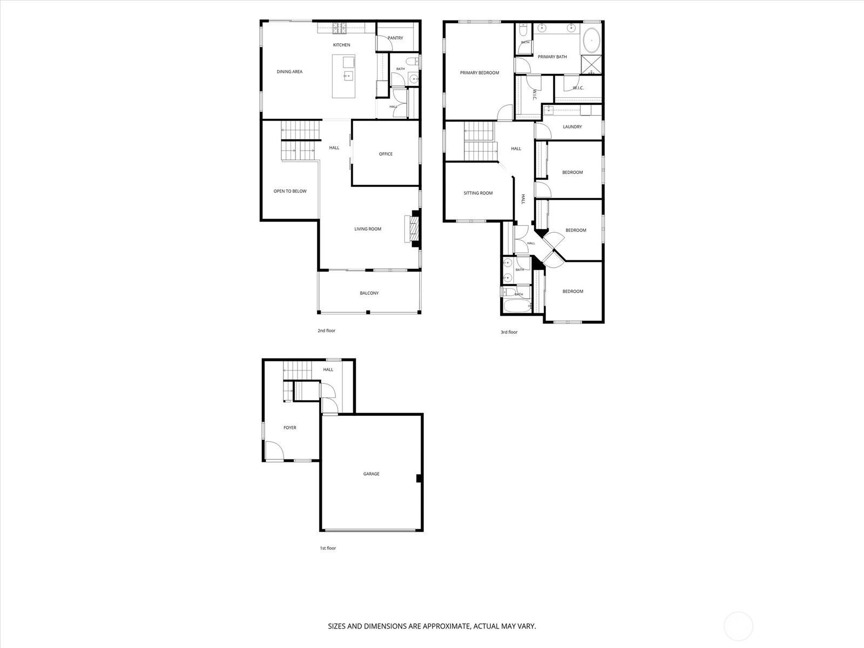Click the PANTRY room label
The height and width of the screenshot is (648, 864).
(x=395, y=38)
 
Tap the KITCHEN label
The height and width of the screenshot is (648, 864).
(x=342, y=45)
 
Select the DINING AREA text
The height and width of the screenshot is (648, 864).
(x=289, y=72)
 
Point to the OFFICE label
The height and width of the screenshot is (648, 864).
(x=386, y=154)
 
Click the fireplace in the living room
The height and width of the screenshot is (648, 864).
(x=413, y=229)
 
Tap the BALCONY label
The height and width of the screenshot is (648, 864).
(x=369, y=293)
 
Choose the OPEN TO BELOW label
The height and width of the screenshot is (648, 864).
(x=290, y=191)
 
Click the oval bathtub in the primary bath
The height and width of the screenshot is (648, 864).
(x=591, y=40)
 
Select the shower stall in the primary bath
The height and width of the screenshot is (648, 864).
(x=591, y=64)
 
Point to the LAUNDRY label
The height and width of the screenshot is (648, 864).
(x=572, y=127)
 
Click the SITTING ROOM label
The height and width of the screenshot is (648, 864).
(x=478, y=193)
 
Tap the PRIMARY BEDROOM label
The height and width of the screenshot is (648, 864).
(x=480, y=73)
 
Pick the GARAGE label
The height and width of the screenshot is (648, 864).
(x=371, y=474)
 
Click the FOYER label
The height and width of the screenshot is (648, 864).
(x=290, y=428)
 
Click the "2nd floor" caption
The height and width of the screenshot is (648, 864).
(x=327, y=330)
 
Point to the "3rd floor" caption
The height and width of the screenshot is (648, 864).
(x=509, y=332)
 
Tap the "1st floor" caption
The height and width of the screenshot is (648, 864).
(x=328, y=548)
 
